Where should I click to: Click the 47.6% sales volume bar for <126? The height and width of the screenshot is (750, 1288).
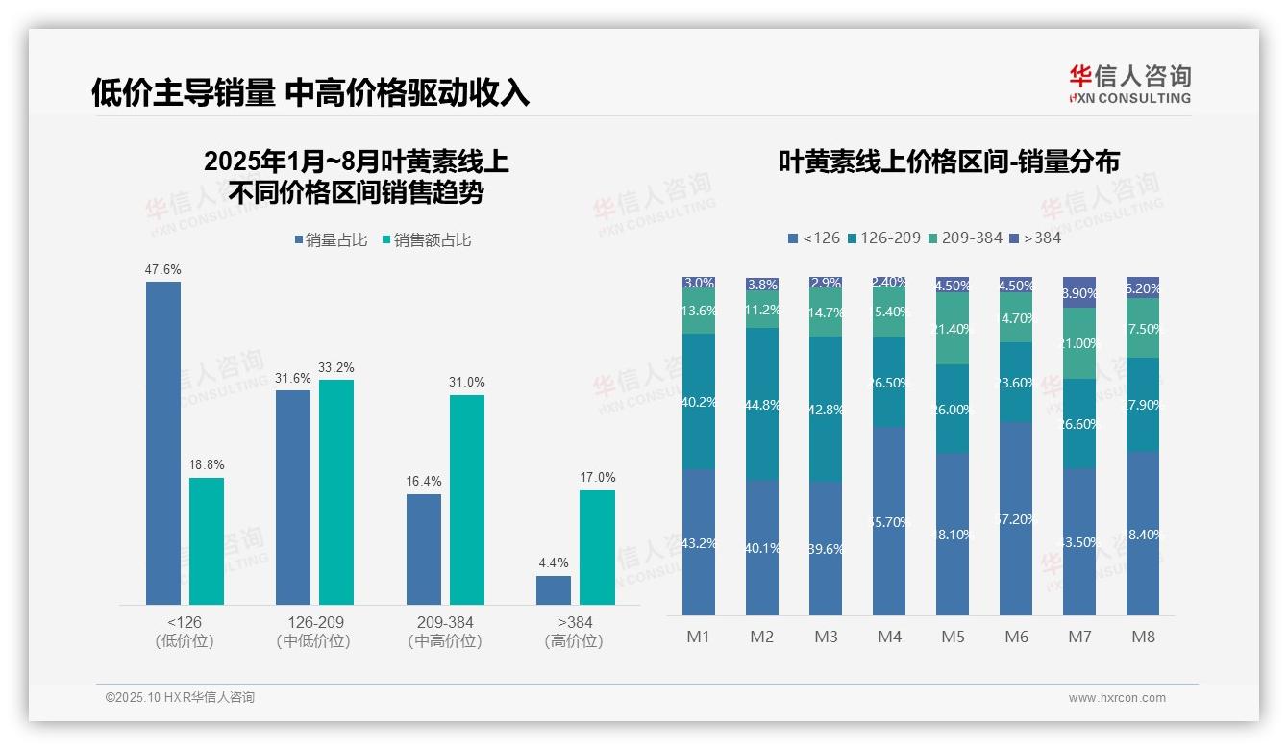(163, 442)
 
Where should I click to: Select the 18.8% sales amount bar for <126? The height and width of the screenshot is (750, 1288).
(207, 540)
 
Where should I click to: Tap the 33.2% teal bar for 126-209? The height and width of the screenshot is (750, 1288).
(336, 491)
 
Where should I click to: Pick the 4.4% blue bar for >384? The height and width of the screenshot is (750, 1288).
(554, 589)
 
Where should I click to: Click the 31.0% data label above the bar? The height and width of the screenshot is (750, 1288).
(466, 382)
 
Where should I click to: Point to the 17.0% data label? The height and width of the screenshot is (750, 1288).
(597, 477)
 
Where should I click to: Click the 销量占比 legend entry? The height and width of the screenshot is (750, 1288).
(331, 240)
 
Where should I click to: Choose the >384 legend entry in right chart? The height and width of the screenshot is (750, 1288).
(1035, 237)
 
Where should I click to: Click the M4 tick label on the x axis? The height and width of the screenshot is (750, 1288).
(889, 637)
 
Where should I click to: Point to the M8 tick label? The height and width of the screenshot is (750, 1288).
(1143, 637)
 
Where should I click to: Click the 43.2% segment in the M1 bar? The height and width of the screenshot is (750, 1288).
(699, 542)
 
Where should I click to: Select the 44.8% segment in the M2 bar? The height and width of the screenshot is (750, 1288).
(762, 404)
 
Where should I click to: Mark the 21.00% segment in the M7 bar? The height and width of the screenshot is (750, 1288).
(1079, 343)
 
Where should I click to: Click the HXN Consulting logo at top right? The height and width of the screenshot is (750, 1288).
(1129, 84)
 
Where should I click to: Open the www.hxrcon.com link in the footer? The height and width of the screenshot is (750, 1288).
(1117, 698)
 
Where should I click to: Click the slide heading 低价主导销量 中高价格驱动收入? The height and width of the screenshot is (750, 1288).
(310, 92)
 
